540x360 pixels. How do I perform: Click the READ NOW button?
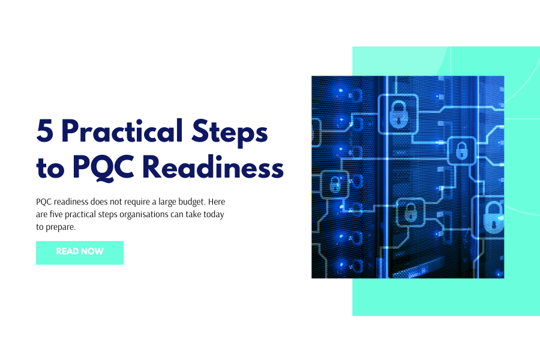click(80, 252)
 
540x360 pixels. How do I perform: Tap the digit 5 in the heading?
click(45, 130)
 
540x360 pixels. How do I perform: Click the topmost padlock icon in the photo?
click(397, 113)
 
